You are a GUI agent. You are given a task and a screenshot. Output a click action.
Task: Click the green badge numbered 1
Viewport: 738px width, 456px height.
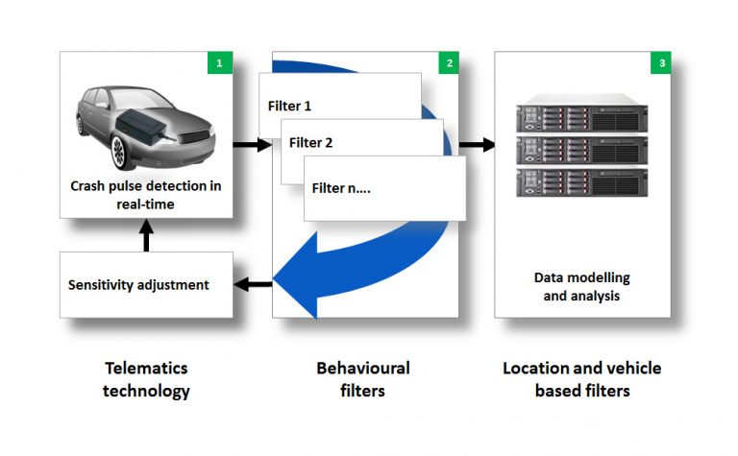coord(220,62)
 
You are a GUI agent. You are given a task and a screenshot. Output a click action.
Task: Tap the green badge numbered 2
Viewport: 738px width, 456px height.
coord(449,62)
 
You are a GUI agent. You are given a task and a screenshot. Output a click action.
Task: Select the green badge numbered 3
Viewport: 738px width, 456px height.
coord(661,62)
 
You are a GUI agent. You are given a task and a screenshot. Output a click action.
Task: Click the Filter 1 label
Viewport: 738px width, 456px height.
coord(289,106)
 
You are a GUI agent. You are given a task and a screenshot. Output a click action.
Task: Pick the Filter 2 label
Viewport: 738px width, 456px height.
coord(310,142)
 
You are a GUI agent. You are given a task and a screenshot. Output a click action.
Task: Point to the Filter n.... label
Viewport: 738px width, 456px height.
coord(341,188)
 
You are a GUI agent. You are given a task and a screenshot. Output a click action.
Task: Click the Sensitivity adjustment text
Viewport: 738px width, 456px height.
coord(138,285)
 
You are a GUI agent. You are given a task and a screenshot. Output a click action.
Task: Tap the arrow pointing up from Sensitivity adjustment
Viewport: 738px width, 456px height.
coord(146,235)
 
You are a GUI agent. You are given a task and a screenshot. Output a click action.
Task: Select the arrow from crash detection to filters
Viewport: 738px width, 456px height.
coord(253,144)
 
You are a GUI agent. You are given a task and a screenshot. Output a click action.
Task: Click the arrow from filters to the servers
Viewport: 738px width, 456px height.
coord(477,144)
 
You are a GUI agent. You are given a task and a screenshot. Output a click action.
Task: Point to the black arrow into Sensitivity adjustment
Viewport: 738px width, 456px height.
coord(253,284)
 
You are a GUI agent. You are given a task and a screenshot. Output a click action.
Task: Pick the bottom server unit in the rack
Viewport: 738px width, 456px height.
coord(581,182)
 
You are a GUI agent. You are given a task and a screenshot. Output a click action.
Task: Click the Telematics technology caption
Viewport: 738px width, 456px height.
coord(146,379)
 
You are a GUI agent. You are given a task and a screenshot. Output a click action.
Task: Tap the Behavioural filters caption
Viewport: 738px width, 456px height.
coord(363,379)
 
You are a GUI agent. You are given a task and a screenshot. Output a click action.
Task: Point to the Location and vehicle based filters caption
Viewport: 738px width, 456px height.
coord(582,379)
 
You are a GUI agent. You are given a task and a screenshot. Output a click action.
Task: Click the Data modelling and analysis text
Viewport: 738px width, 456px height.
coord(581,287)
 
